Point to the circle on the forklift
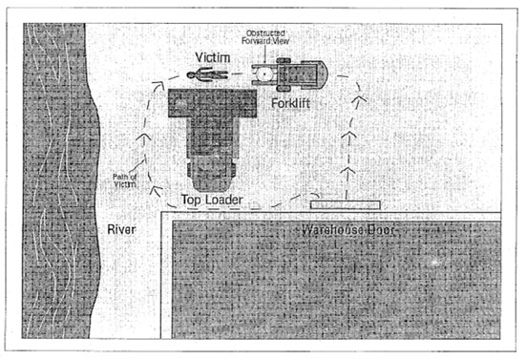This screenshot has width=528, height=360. click(263, 73)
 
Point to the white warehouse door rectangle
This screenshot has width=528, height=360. click(345, 203)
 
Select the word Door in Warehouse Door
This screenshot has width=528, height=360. click(375, 232)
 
